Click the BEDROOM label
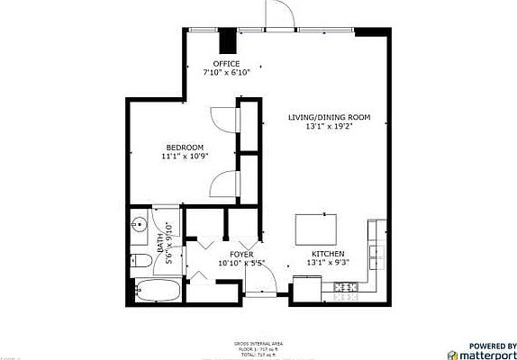tap(184, 147)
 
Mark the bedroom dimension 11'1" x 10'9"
tap(184, 156)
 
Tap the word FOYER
tap(241, 254)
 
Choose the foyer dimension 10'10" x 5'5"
tap(241, 263)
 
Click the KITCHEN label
tap(329, 254)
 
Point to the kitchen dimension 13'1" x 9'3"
tap(329, 263)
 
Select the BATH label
tap(160, 242)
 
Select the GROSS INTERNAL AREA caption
tap(258, 344)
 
